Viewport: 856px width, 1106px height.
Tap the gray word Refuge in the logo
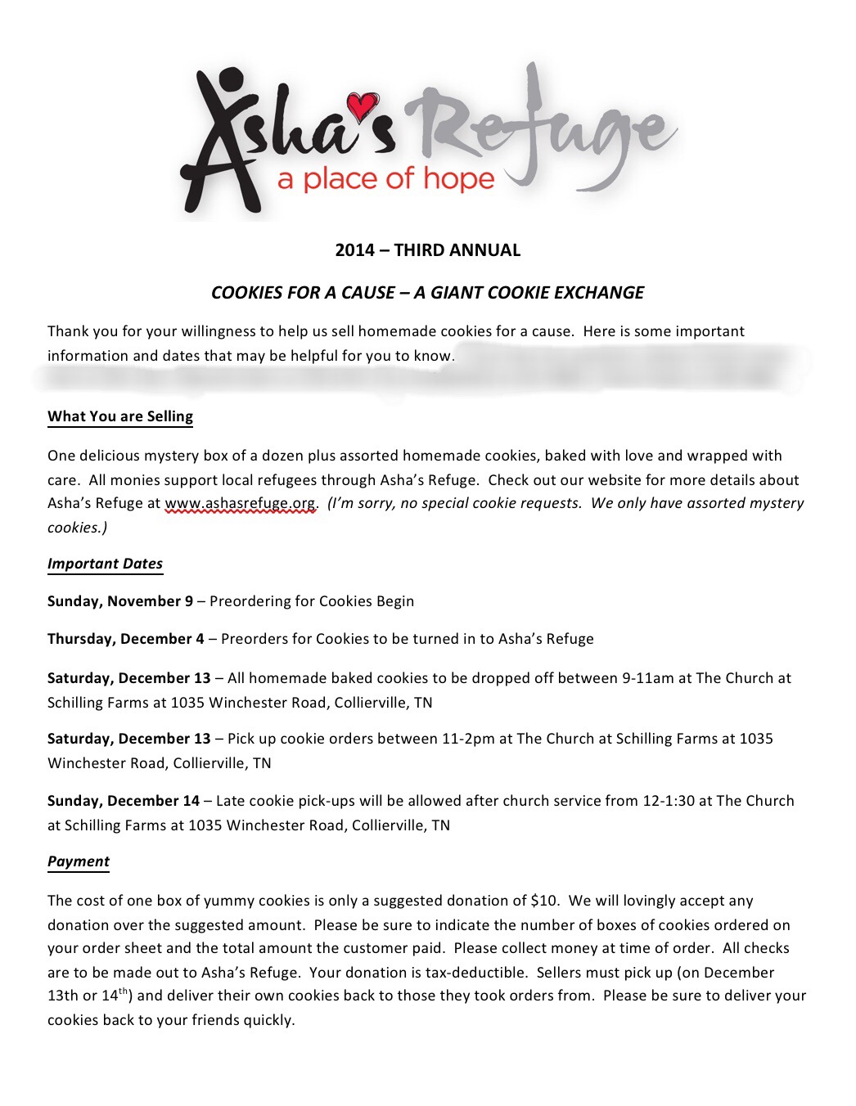[540, 131]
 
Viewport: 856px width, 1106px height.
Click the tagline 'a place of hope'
[386, 179]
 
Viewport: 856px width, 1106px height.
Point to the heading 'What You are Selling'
[120, 416]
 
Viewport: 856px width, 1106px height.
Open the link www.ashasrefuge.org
[240, 503]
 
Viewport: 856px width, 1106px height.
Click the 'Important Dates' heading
[105, 564]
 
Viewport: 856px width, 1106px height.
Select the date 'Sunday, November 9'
[120, 601]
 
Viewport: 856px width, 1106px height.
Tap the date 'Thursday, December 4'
[126, 639]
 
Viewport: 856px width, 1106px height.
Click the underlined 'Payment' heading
[79, 861]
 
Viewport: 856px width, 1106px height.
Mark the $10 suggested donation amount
[544, 901]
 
